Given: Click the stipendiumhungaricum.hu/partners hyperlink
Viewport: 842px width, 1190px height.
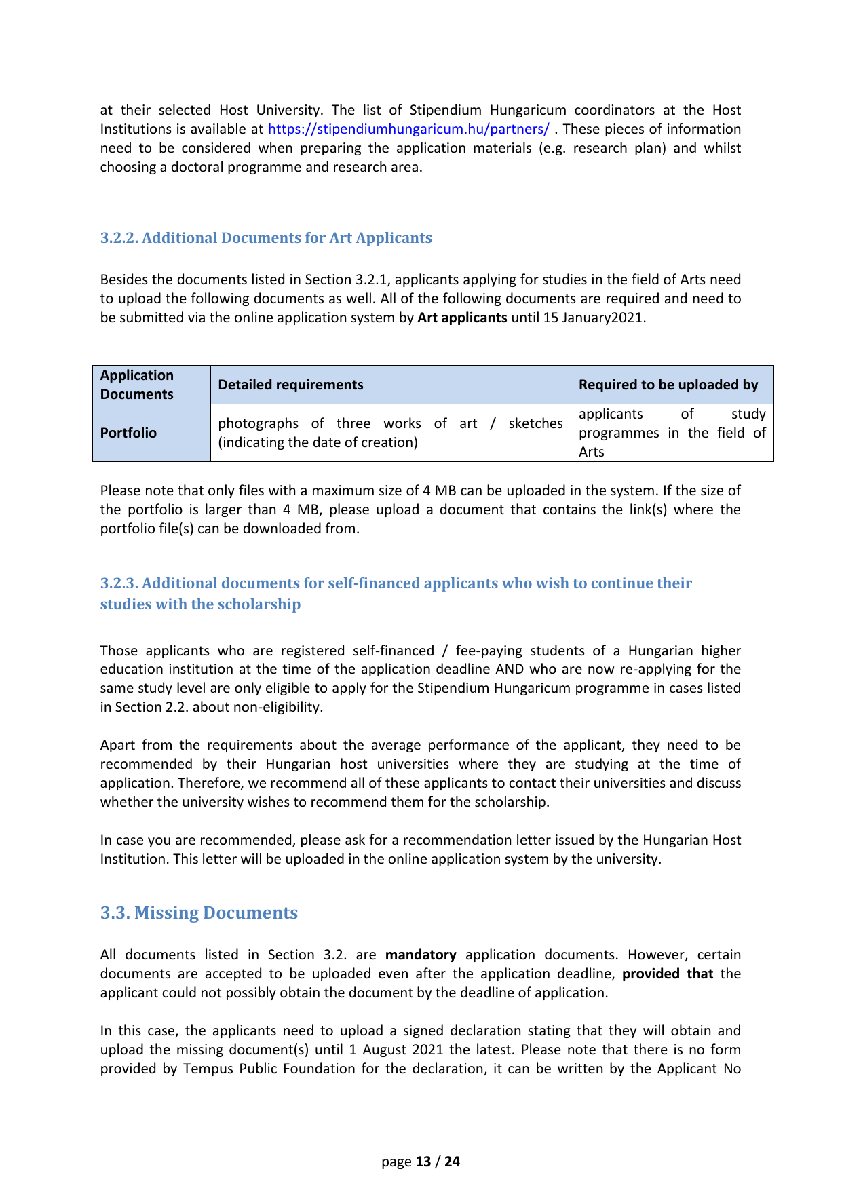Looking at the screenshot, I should (408, 129).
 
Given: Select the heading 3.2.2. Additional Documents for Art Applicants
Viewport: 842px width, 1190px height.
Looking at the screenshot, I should (266, 238).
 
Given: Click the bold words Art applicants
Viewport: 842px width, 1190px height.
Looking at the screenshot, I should (462, 318).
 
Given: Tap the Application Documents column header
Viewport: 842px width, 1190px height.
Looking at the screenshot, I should (137, 385).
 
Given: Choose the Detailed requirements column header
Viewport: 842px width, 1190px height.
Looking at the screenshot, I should (290, 385).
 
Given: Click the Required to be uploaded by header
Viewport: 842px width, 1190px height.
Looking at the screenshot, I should (668, 385).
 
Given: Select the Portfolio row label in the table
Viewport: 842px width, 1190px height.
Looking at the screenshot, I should (128, 433).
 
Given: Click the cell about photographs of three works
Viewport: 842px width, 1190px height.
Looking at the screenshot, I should (390, 433).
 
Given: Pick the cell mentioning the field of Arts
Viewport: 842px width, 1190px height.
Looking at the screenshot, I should (672, 433).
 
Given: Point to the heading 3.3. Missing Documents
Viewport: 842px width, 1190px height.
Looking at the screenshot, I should (199, 913).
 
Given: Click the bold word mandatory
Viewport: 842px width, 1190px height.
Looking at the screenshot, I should (421, 955).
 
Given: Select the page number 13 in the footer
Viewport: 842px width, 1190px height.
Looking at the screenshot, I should (423, 1162).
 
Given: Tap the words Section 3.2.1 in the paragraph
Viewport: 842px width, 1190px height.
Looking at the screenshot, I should (345, 280).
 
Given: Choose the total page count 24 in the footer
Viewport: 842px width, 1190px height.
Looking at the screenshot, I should (452, 1162).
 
